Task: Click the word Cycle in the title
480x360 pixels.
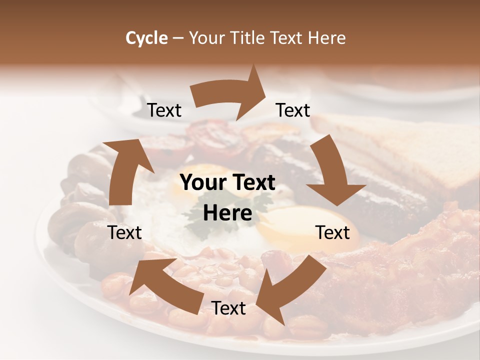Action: [146, 38]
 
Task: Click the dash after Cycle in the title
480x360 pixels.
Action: [178, 38]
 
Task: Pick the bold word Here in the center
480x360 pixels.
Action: [227, 213]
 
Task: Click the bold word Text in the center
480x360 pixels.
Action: [252, 182]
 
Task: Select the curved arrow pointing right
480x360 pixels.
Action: [230, 95]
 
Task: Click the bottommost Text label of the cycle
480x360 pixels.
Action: [228, 308]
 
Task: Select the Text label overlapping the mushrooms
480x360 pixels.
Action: [124, 232]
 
